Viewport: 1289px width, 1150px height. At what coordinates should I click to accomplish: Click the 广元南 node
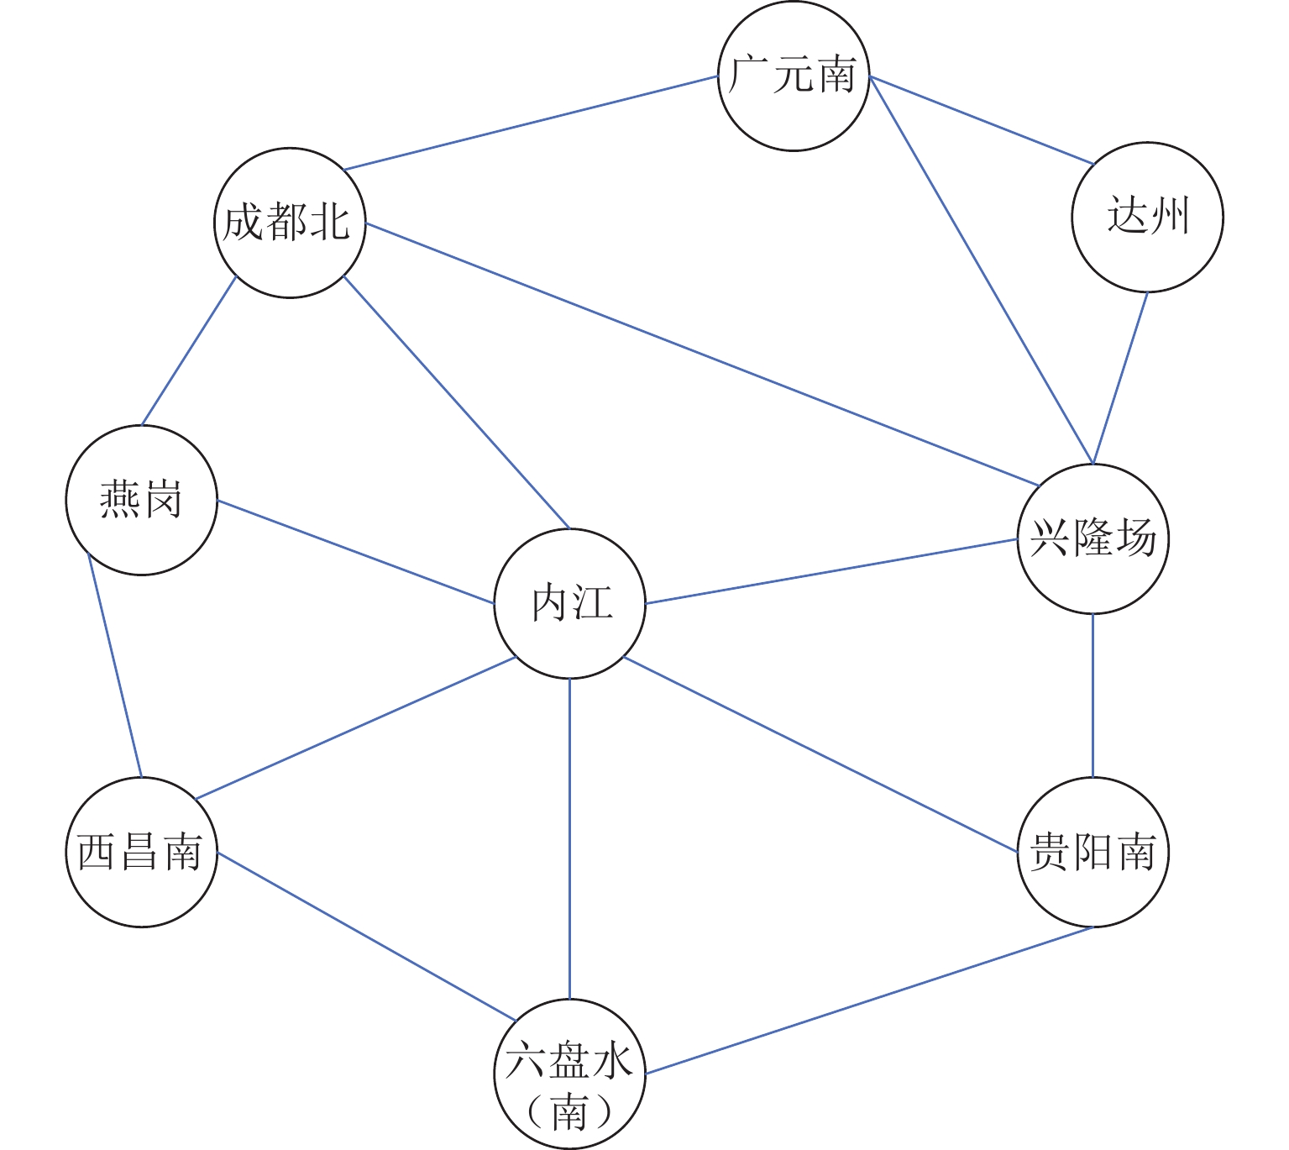click(794, 76)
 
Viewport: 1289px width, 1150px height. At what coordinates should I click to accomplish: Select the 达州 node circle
click(1147, 218)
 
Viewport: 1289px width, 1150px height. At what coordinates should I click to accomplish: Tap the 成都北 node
click(290, 223)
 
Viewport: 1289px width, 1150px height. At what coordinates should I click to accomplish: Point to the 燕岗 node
click(142, 501)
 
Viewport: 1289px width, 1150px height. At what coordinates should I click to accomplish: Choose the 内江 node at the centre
click(570, 603)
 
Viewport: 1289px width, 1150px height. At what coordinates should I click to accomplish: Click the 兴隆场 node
click(1093, 538)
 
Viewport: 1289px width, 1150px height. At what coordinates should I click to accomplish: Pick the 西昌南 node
click(142, 852)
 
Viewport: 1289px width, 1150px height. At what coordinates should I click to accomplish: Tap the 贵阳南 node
click(1093, 852)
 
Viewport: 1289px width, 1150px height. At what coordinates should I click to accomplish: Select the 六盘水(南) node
click(570, 1074)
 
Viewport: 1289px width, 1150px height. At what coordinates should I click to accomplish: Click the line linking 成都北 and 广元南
click(531, 123)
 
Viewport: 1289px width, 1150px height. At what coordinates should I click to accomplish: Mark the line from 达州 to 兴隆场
click(1120, 377)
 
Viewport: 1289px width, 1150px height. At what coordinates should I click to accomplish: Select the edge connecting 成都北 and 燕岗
click(189, 350)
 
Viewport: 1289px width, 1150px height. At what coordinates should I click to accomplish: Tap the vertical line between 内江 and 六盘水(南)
click(570, 838)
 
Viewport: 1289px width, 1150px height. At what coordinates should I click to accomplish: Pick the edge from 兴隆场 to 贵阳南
click(1093, 696)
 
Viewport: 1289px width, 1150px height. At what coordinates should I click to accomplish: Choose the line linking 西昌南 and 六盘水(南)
click(366, 937)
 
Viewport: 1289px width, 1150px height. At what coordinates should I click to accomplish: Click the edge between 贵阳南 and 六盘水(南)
click(869, 1000)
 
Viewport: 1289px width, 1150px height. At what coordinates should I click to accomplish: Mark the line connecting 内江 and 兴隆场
click(831, 571)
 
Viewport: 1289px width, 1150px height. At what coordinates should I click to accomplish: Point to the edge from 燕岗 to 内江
click(355, 552)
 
